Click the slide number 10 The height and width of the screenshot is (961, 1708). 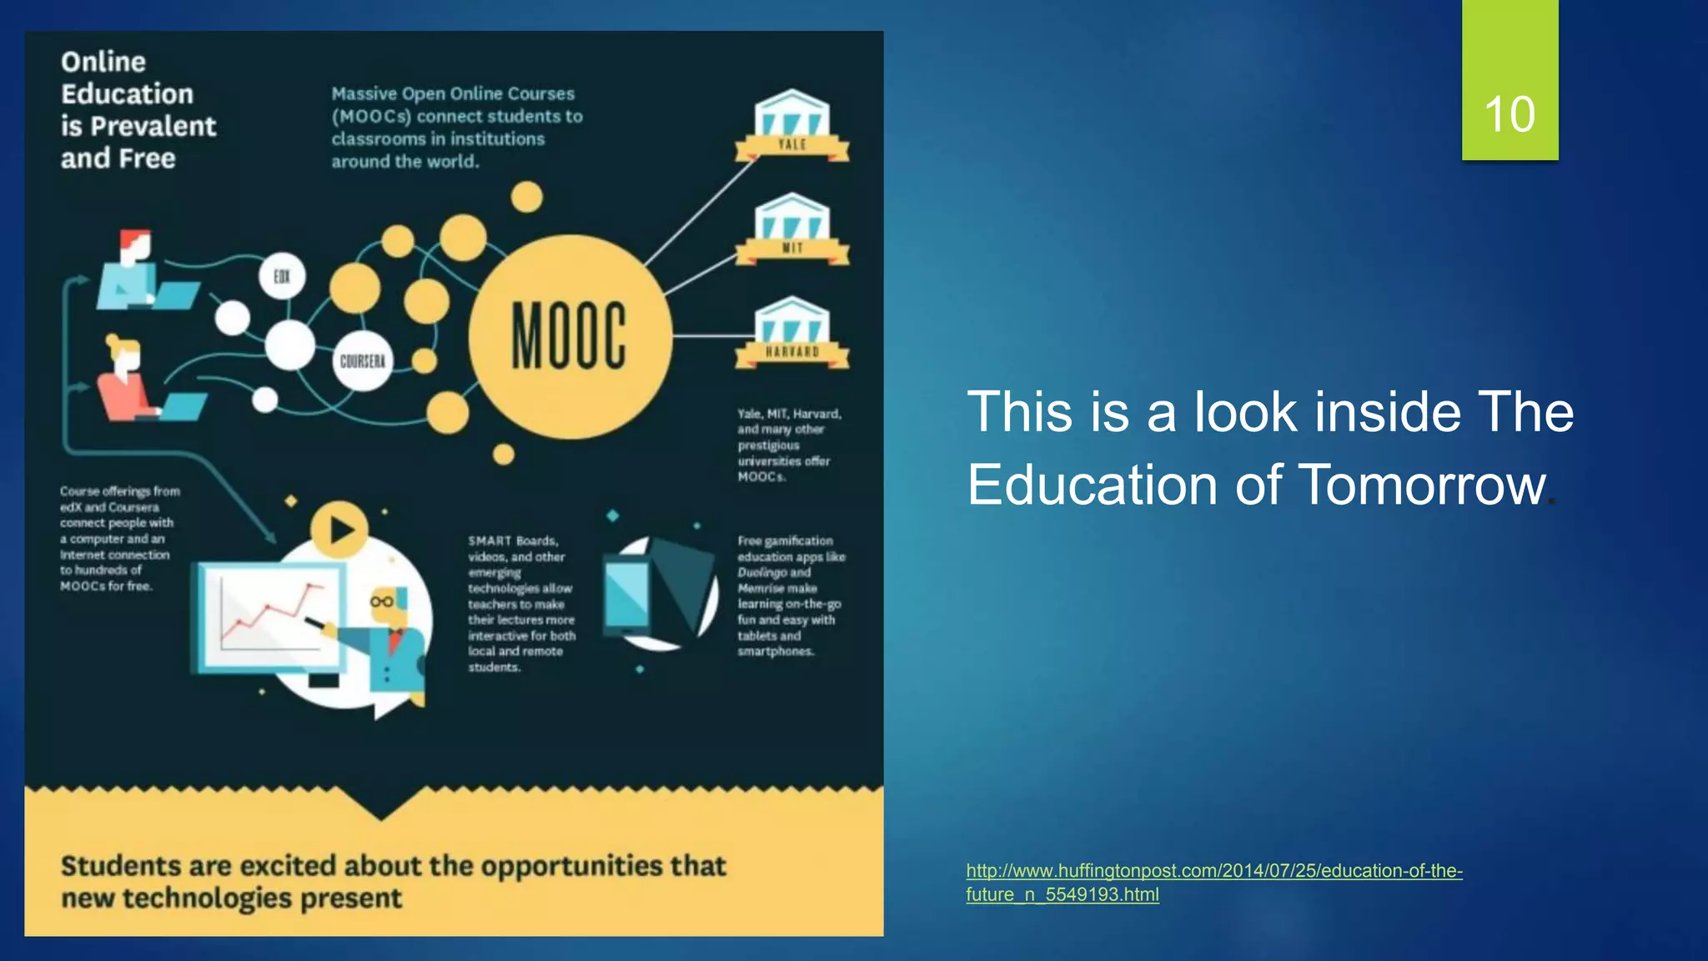1510,114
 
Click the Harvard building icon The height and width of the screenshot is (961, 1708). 791,331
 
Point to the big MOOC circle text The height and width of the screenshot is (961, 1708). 569,335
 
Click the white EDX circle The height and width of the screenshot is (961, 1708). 282,276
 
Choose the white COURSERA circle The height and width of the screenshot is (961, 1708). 362,361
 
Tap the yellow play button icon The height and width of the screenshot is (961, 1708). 339,530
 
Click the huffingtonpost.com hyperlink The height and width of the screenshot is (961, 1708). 1213,871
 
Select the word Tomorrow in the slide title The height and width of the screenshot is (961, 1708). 1422,485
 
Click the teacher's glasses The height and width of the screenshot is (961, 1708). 382,601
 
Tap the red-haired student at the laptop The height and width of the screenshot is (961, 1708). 133,267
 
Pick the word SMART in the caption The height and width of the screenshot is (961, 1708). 490,541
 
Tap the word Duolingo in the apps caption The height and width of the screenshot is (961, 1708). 762,572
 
